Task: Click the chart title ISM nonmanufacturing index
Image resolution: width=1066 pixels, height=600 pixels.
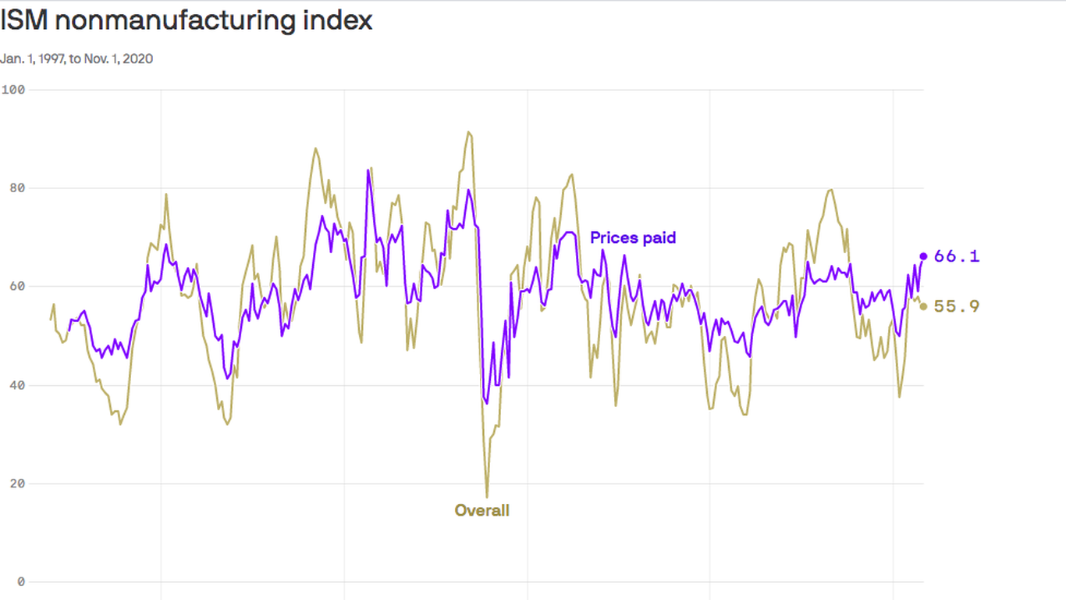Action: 186,20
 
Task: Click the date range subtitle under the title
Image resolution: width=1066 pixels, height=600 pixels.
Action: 76,59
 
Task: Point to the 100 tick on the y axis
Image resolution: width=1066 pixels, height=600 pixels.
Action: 13,89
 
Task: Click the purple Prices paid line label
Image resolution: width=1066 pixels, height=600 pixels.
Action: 633,237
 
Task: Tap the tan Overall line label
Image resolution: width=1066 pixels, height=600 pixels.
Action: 482,511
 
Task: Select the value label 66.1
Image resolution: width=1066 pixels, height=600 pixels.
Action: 957,256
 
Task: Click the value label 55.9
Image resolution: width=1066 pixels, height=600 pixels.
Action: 957,306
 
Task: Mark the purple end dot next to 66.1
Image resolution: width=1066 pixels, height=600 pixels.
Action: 923,256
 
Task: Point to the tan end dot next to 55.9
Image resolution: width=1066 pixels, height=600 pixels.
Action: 923,306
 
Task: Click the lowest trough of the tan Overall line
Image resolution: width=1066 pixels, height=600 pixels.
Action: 487,497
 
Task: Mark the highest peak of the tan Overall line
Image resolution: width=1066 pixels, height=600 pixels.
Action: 468,132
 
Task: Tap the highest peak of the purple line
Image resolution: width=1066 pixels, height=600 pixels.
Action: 368,170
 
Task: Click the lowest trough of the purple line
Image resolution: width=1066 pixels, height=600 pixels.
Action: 486,403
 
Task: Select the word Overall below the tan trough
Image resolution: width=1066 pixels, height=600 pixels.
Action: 482,511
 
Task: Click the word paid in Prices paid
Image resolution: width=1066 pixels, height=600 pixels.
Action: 659,237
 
